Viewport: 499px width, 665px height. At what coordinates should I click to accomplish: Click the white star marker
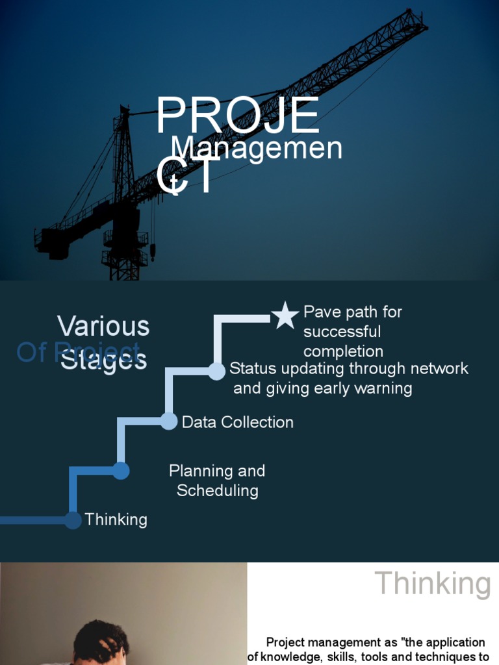285,316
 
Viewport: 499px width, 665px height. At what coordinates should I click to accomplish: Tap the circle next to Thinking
73,520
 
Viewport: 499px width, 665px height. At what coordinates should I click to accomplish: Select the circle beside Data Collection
168,421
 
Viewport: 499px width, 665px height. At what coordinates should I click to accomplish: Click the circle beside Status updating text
216,371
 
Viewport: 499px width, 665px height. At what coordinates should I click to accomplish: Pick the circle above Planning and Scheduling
121,471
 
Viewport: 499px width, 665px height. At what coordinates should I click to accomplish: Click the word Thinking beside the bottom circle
116,520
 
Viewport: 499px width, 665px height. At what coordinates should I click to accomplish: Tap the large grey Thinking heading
433,583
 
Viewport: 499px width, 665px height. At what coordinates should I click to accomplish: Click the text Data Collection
238,422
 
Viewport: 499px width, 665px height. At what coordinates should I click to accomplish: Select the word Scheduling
218,490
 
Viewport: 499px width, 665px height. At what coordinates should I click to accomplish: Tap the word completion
343,352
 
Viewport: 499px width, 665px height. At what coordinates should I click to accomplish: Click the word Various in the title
103,327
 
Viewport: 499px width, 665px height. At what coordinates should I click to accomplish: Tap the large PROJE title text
238,117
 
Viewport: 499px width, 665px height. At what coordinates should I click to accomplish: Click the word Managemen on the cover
257,148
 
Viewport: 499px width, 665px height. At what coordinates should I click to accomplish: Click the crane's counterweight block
55,244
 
